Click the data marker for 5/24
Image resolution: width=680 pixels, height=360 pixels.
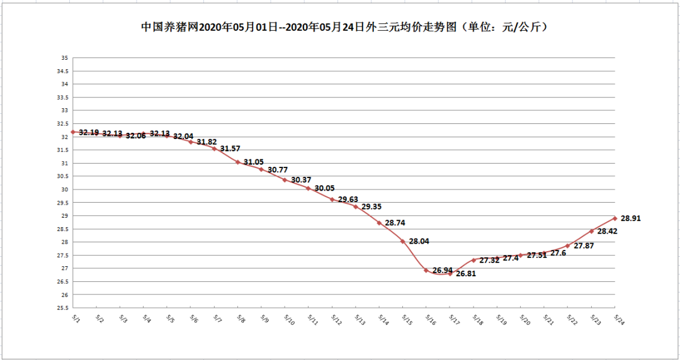pos(615,218)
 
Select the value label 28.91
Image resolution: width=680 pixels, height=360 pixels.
pos(631,218)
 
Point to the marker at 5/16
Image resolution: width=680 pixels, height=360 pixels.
pos(426,271)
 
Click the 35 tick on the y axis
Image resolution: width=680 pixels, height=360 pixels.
pos(64,58)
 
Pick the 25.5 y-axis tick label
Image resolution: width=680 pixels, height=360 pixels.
pos(63,308)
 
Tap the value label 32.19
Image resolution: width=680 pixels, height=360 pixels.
pos(89,132)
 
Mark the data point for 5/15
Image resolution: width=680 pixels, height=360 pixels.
pos(403,242)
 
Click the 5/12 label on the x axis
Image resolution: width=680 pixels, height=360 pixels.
pos(335,320)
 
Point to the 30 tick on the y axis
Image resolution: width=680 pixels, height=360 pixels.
pos(64,189)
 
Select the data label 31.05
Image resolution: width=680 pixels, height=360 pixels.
pos(253,162)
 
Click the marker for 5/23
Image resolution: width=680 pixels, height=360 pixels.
pos(592,231)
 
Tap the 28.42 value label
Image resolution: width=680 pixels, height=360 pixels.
pos(608,231)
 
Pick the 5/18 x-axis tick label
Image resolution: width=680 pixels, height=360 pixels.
pos(477,320)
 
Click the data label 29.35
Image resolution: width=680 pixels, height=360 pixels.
pos(371,206)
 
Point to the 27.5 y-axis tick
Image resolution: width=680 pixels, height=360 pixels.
pos(63,255)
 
